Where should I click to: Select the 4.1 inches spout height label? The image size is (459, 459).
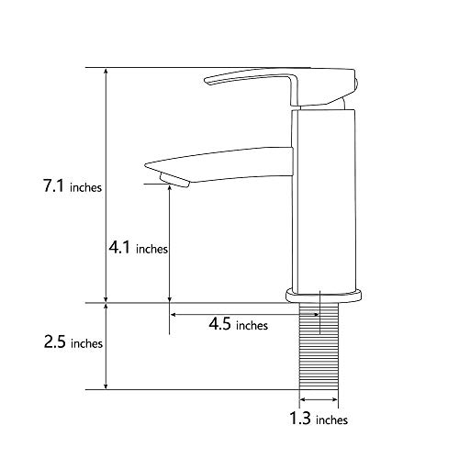[x=138, y=247]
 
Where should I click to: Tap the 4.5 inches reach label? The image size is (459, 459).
[x=238, y=324]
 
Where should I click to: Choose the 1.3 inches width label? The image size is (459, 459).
[x=318, y=420]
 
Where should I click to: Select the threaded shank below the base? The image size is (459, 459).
[x=319, y=353]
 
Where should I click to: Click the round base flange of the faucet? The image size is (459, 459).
[x=324, y=296]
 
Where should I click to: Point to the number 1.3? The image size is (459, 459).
[x=299, y=420]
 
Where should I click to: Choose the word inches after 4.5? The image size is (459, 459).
[x=252, y=325]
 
